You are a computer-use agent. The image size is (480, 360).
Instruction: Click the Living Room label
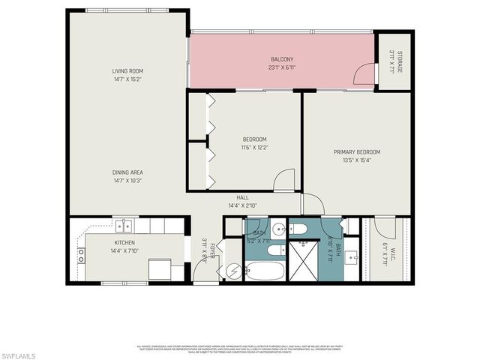pyautogui.click(x=127, y=70)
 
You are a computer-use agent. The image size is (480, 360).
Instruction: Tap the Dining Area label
pyautogui.click(x=127, y=172)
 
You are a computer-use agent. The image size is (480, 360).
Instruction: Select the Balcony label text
pyautogui.click(x=281, y=59)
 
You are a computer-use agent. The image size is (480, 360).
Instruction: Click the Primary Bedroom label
pyautogui.click(x=357, y=151)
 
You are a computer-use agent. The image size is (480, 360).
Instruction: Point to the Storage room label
pyautogui.click(x=400, y=61)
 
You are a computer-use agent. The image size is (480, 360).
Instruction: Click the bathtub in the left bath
pyautogui.click(x=265, y=270)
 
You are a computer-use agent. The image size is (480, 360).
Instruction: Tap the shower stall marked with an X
pyautogui.click(x=306, y=261)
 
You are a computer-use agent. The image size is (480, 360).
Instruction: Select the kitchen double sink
pyautogui.click(x=124, y=224)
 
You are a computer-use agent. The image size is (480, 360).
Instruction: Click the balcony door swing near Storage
pyautogui.click(x=364, y=74)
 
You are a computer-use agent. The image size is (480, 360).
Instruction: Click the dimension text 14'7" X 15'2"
pyautogui.click(x=127, y=78)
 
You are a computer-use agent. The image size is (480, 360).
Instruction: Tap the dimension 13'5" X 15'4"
pyautogui.click(x=357, y=159)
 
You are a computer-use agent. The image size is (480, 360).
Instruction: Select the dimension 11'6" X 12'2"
pyautogui.click(x=254, y=147)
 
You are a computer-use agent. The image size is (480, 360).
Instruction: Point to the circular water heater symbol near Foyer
pyautogui.click(x=232, y=270)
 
